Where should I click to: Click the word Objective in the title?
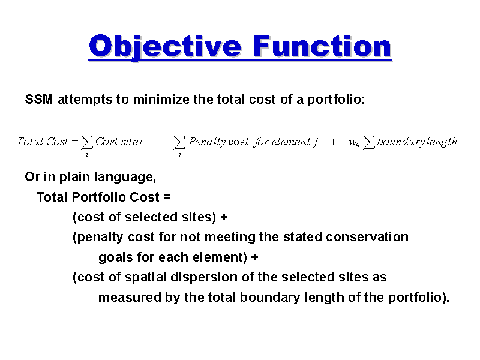click(165, 46)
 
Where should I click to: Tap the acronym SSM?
click(38, 99)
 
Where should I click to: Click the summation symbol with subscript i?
click(87, 143)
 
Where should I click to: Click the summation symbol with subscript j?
click(179, 143)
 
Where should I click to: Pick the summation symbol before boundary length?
click(369, 143)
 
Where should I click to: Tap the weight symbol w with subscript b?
click(354, 143)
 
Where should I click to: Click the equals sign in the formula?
click(74, 142)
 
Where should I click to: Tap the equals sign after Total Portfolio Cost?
click(167, 197)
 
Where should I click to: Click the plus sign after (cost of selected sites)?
click(224, 217)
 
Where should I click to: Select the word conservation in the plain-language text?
click(367, 237)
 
